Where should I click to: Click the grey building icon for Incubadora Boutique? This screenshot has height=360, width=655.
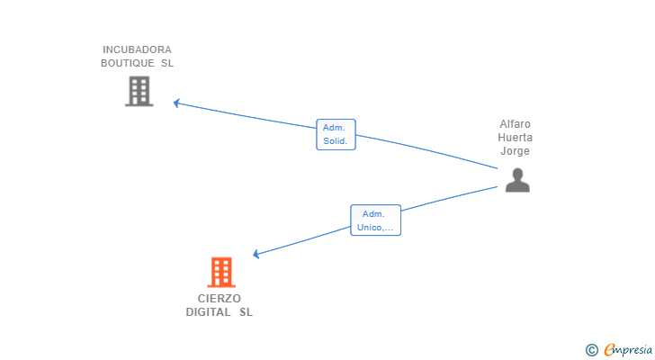[x=139, y=91]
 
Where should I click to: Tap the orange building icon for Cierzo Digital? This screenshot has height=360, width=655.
[x=220, y=272]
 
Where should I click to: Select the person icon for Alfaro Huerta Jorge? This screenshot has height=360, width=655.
[x=516, y=180]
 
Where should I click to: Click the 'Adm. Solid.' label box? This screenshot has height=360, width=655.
[x=336, y=134]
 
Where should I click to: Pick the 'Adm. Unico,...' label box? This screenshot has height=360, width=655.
[x=375, y=220]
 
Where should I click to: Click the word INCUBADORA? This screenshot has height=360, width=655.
[x=137, y=49]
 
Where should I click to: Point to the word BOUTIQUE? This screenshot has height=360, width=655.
[x=127, y=64]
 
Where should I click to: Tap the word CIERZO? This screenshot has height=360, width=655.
[x=220, y=298]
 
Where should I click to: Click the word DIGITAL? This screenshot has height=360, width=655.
[x=209, y=312]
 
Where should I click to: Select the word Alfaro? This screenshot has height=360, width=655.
[x=516, y=124]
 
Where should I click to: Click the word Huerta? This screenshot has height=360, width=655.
[x=516, y=138]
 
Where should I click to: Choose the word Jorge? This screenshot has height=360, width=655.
[x=516, y=151]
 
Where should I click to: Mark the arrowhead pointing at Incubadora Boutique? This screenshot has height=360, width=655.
[x=177, y=103]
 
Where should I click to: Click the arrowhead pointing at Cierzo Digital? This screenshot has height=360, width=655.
[x=256, y=255]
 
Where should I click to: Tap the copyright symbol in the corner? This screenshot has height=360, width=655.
[x=591, y=350]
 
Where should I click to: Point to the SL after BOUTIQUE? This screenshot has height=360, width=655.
[x=167, y=64]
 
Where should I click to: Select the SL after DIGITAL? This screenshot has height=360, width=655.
[x=246, y=312]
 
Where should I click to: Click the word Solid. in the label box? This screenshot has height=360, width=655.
[x=336, y=141]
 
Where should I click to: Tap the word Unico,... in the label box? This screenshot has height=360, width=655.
[x=375, y=227]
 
